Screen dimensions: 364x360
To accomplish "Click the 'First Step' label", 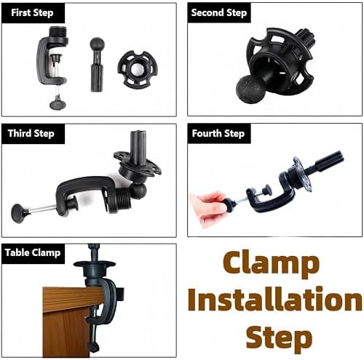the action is point(32,12).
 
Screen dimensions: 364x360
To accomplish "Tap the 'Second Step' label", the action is point(219,12).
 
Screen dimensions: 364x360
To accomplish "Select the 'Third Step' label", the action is point(31,133).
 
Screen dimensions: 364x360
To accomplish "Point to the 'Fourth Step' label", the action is point(218,133).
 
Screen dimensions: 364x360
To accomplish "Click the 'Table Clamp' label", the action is point(33,253).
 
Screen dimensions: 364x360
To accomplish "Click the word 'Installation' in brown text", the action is point(275,298).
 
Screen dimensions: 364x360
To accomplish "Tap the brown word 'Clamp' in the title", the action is point(271,263).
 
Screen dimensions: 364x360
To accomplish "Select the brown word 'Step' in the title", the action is point(279,337).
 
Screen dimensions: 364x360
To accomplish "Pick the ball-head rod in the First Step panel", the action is point(97,65).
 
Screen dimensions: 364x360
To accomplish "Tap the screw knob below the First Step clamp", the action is point(58,104).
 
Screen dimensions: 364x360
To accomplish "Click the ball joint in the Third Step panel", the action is point(139,191).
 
